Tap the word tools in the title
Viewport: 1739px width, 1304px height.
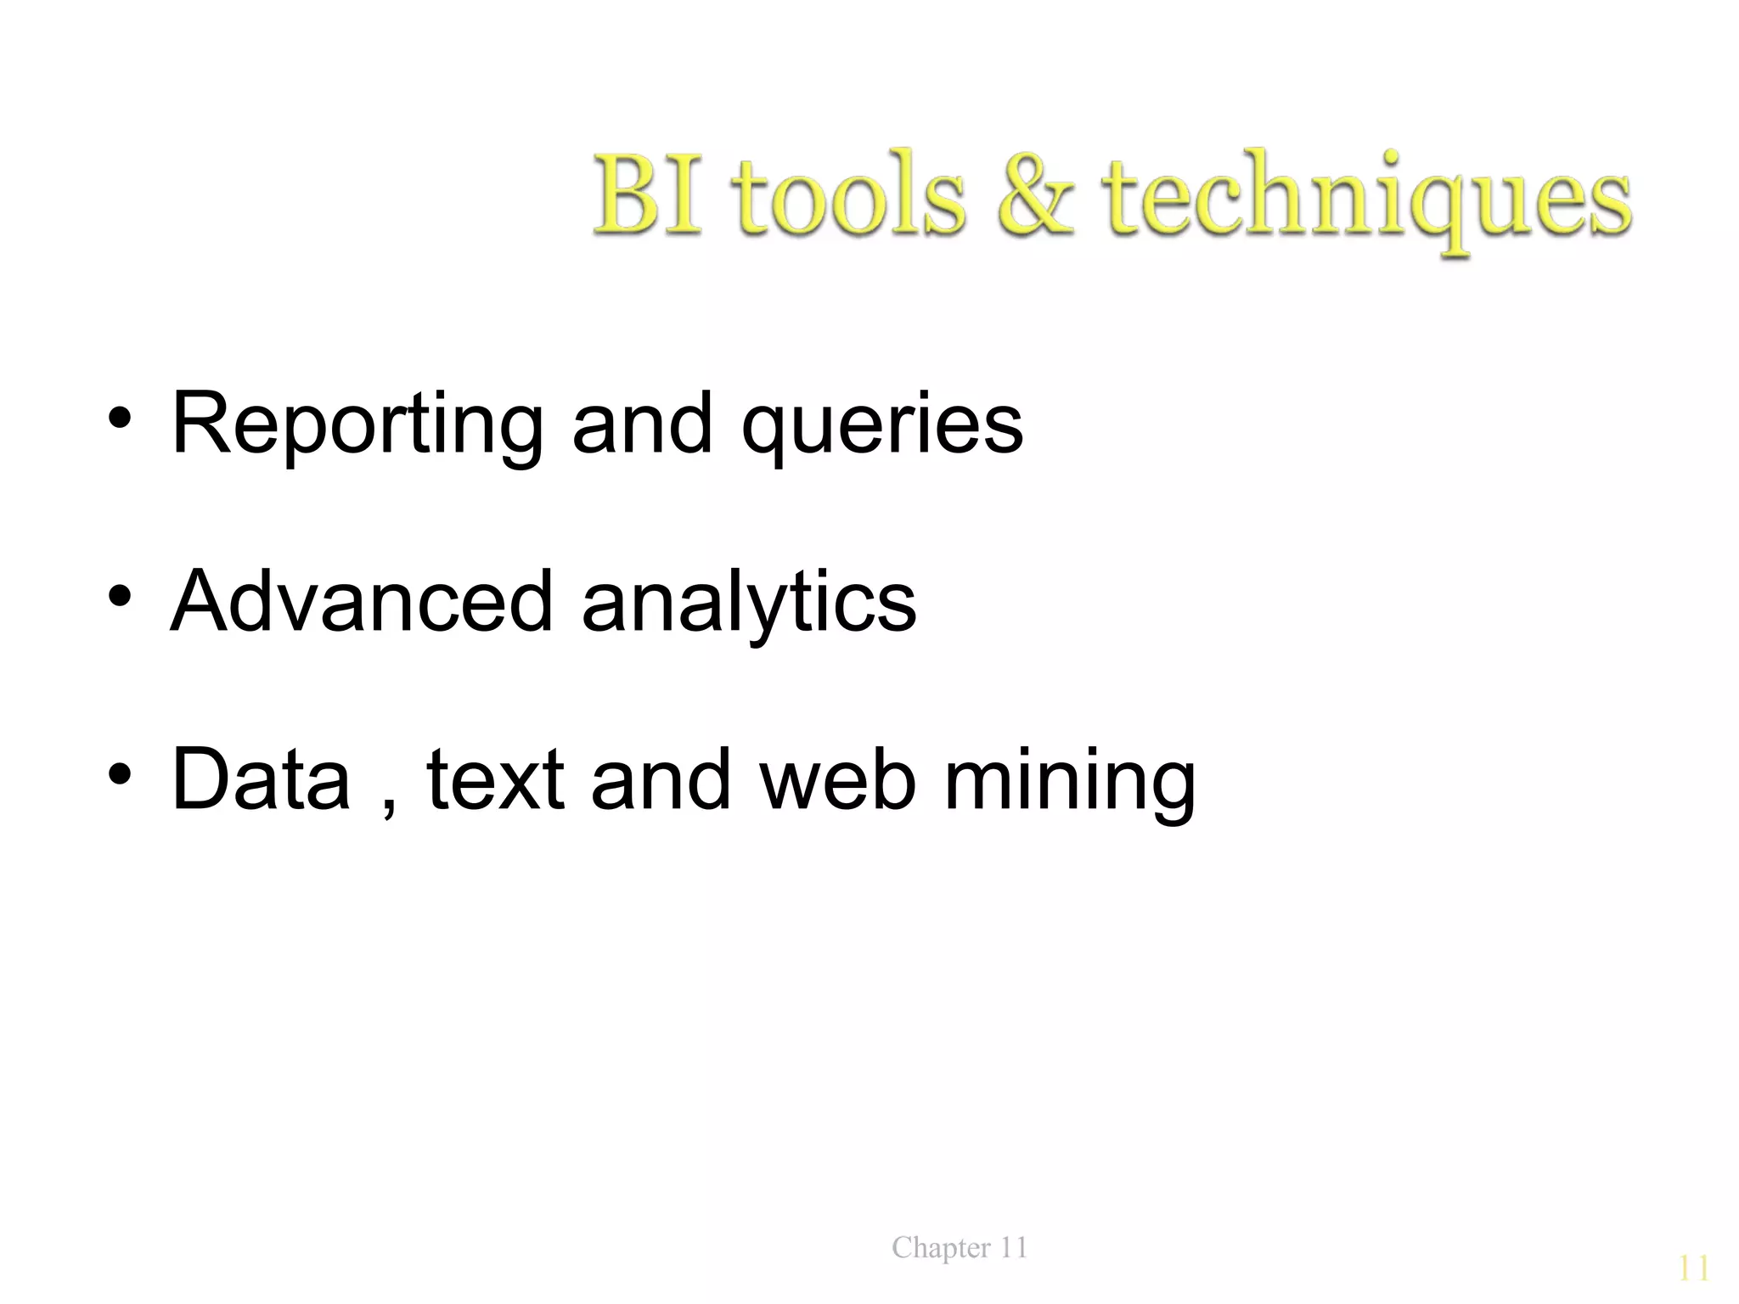(x=850, y=197)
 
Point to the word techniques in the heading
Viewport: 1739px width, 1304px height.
(x=1369, y=200)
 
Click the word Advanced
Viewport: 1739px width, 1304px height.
(x=362, y=601)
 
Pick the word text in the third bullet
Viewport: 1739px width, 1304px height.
(x=495, y=779)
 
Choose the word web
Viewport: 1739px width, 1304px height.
(x=838, y=778)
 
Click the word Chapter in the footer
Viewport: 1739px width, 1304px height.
(x=941, y=1248)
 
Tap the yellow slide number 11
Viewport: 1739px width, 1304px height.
(x=1693, y=1268)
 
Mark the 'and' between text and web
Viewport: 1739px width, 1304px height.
(x=661, y=778)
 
